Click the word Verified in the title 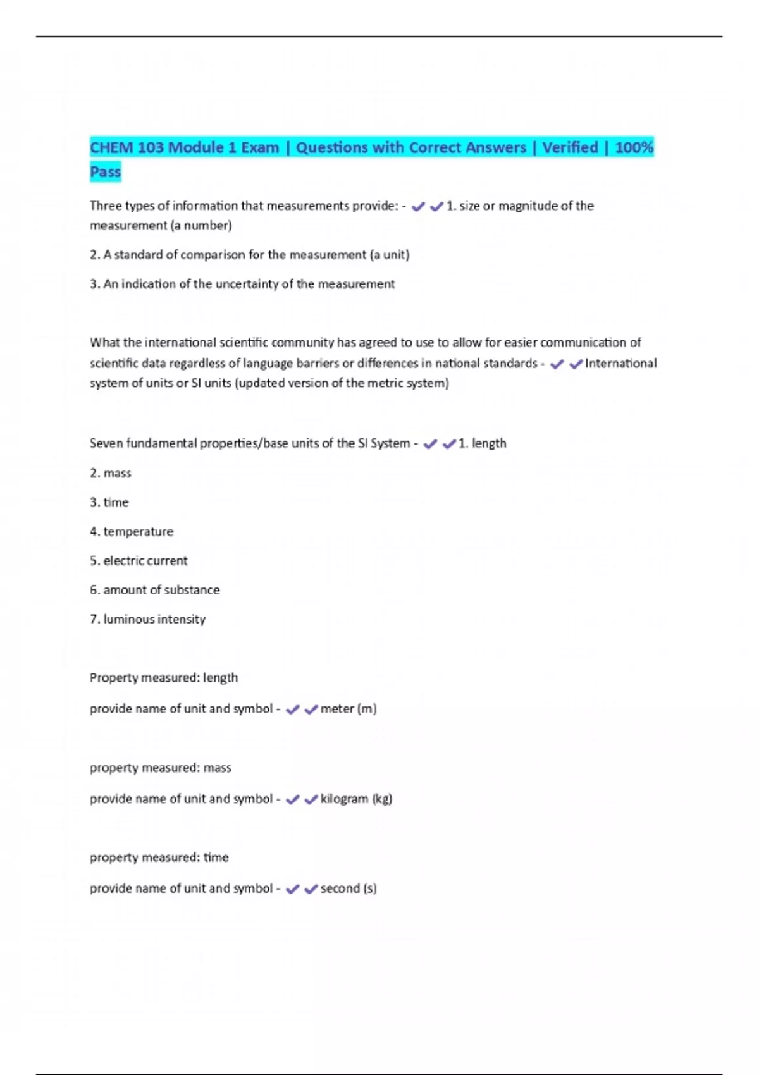point(570,148)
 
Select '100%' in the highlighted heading point(634,148)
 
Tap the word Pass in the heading point(105,172)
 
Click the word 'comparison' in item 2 point(213,255)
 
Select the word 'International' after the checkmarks point(620,364)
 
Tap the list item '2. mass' point(111,473)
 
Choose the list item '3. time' point(109,503)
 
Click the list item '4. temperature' point(132,532)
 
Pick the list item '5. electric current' point(139,561)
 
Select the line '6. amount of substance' point(155,590)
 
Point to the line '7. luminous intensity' point(147,619)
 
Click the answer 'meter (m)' point(349,709)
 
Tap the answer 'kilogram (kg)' point(356,799)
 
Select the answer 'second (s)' point(349,888)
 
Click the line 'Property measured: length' point(164,678)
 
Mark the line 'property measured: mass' point(161,768)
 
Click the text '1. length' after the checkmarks point(482,444)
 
